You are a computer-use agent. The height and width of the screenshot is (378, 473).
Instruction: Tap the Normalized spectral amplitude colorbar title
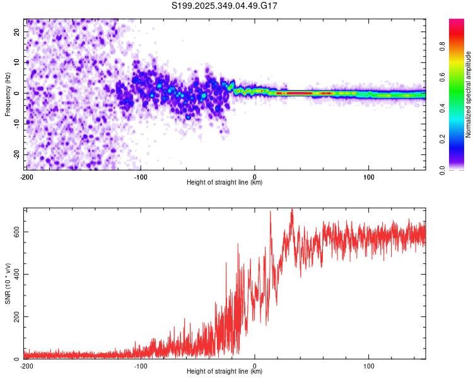469,94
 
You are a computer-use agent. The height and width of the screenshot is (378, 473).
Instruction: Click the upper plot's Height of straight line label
225,183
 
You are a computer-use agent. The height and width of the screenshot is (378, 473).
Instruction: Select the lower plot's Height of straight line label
225,372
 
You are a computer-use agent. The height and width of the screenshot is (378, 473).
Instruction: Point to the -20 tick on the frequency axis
16,154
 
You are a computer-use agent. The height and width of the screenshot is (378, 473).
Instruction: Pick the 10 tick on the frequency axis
18,62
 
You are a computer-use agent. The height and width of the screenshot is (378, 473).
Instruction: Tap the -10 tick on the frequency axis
16,123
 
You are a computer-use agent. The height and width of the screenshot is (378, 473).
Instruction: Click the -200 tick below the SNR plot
26,365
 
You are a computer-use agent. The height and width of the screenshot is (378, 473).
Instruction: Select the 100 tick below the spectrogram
368,176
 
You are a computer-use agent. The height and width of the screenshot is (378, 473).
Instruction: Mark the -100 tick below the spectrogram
140,176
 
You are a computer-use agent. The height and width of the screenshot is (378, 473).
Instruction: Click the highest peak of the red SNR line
291,209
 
